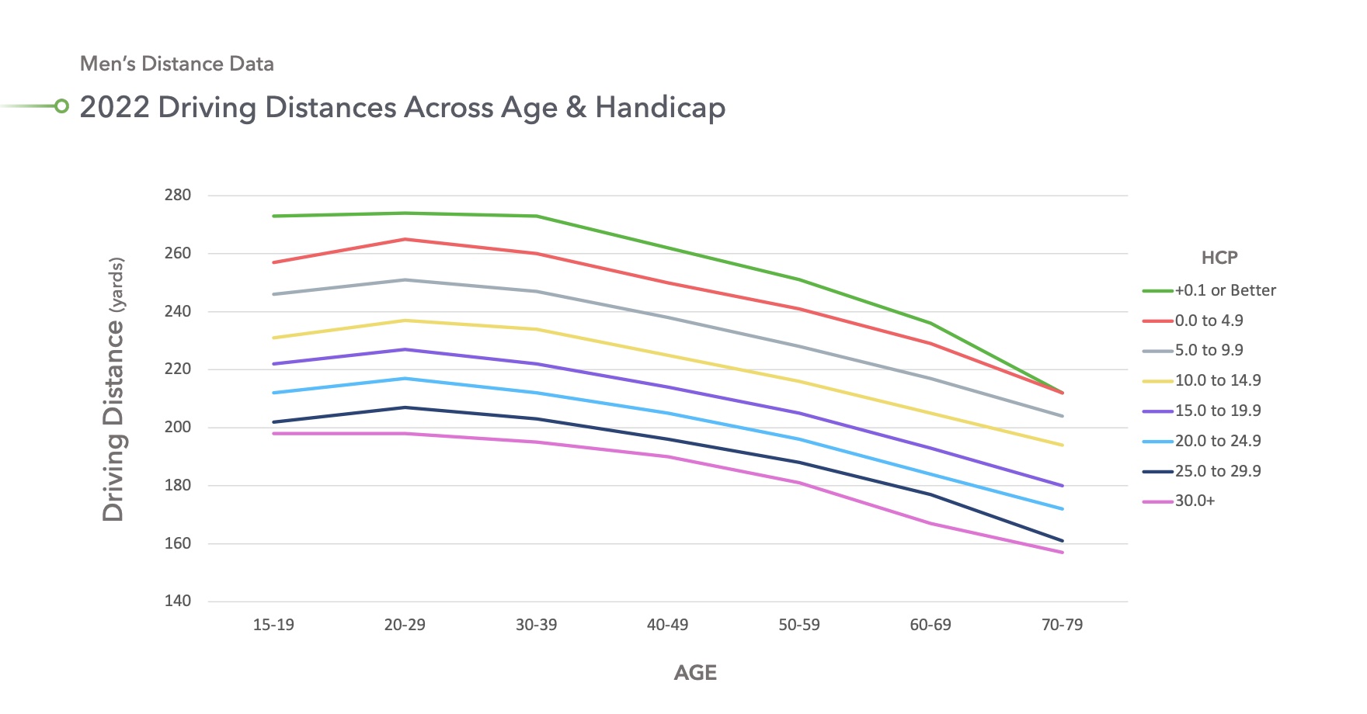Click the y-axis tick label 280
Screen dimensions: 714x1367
[177, 196]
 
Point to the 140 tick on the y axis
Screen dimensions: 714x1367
[177, 601]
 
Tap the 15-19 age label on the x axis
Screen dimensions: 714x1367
[273, 625]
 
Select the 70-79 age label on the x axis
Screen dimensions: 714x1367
[1062, 625]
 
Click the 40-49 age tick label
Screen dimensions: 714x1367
[667, 625]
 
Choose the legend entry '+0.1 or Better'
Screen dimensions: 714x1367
[1225, 291]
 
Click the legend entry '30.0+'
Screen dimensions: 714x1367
[1195, 501]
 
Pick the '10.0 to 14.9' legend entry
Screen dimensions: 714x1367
[1217, 381]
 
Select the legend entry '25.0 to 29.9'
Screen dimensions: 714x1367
[1217, 472]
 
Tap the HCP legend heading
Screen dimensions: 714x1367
[1219, 258]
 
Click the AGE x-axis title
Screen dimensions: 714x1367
[695, 673]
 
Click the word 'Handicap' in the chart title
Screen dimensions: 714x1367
[660, 108]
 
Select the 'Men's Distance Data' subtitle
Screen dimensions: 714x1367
[177, 64]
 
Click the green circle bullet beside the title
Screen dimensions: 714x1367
[61, 106]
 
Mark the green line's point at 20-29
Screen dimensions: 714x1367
[405, 213]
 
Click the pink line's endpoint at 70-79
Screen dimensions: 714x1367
[1062, 553]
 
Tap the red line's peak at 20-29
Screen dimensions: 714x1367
[405, 239]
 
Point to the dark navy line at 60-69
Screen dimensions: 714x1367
[930, 494]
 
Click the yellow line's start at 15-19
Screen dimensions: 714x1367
[274, 338]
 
